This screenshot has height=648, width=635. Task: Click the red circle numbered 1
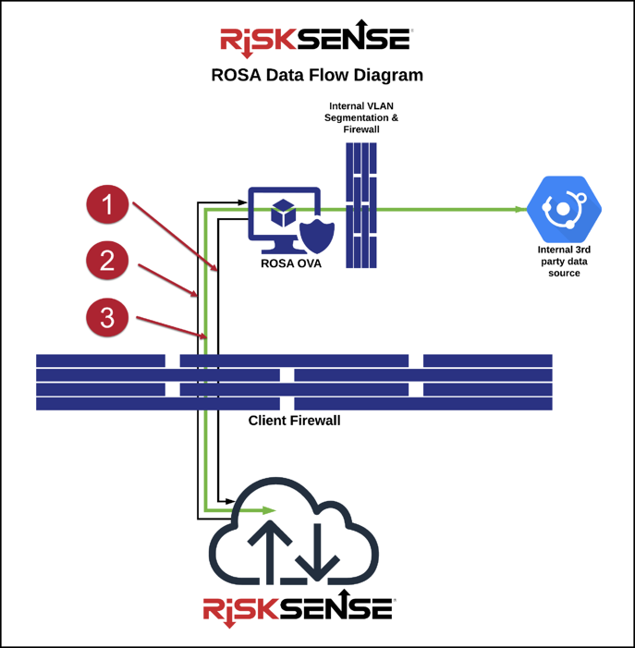click(108, 203)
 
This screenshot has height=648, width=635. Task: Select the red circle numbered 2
click(108, 261)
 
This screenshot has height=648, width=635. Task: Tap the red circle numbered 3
click(108, 317)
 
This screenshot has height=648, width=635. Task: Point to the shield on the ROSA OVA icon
click(317, 236)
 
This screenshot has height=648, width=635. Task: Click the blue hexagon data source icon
click(563, 210)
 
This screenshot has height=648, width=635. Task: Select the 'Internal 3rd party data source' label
click(563, 261)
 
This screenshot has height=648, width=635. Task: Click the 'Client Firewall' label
click(294, 421)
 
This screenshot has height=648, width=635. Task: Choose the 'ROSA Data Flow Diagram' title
click(317, 75)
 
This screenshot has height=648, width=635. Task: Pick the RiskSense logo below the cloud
click(299, 608)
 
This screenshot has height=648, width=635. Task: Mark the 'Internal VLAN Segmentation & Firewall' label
click(361, 118)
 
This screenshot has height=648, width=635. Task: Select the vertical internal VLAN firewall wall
click(361, 205)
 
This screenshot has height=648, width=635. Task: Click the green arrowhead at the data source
click(521, 210)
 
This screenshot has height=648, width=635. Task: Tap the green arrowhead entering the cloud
click(269, 510)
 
